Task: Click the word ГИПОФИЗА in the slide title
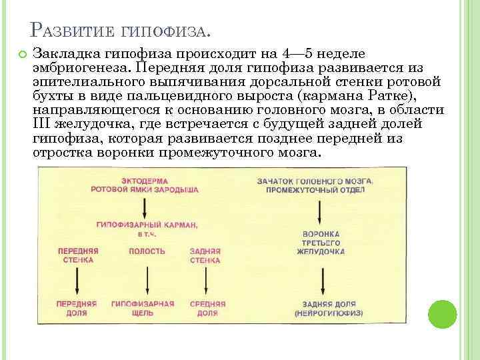pos(167,31)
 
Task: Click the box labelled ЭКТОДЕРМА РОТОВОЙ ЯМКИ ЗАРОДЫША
pos(159,185)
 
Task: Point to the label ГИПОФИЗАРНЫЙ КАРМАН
pos(147,225)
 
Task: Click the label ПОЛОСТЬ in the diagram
pos(147,251)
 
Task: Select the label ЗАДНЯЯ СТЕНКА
pos(206,255)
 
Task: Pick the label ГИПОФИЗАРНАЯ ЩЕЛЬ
pos(143,308)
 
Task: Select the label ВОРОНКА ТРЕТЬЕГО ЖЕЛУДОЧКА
pos(321,243)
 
